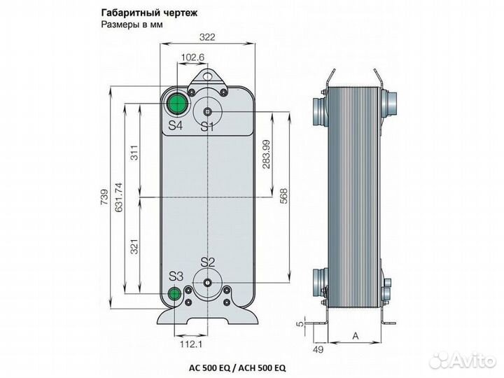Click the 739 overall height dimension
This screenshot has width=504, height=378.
pos(104,199)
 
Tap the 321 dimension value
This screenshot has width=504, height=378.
pos(134,246)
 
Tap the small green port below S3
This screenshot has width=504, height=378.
pos(175,294)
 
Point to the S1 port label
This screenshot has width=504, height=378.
pos(207,127)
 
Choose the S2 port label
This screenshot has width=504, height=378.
pos(207,262)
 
